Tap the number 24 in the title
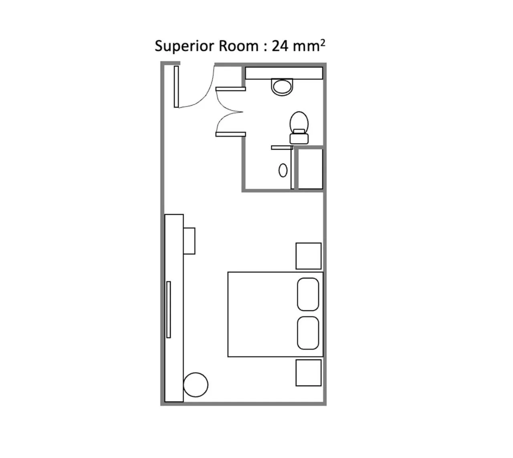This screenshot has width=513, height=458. [280, 46]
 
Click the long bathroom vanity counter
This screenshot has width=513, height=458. [284, 73]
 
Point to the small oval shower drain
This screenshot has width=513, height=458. [283, 170]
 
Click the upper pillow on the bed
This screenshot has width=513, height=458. [308, 294]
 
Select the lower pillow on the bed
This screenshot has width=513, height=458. [308, 333]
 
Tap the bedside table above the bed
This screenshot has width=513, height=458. [308, 256]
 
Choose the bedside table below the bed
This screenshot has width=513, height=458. [308, 373]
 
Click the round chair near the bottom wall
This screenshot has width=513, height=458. [196, 385]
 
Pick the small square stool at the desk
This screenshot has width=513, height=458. [189, 241]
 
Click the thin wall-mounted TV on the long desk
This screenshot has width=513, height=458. [169, 309]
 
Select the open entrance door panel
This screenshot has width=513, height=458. [176, 87]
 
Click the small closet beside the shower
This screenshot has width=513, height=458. [309, 169]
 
